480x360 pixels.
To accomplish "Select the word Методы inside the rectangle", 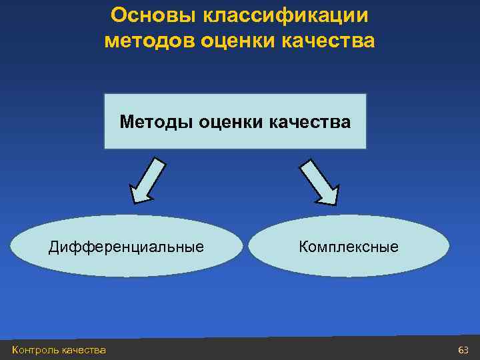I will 153,122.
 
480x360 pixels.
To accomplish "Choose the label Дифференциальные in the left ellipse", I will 126,247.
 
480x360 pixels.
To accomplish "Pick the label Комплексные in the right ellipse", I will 349,247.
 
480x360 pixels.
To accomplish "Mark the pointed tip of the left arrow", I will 133,201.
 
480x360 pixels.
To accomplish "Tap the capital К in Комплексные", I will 303,247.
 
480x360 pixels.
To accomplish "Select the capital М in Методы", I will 127,122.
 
